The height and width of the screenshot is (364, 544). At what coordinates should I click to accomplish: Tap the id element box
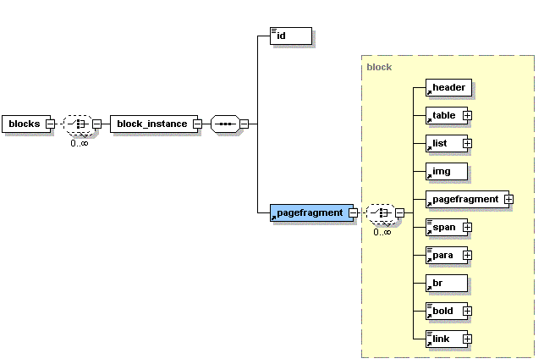(x=291, y=36)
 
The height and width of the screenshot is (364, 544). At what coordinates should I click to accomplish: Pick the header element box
(x=448, y=87)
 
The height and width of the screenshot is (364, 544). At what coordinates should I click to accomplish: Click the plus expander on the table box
(x=467, y=116)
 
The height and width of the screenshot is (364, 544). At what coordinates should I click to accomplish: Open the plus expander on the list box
(x=467, y=143)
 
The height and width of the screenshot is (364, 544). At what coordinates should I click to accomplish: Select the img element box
(x=447, y=171)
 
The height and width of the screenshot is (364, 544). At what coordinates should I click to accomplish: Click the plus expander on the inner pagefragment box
(x=509, y=199)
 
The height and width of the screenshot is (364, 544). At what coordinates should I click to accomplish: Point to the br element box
(x=447, y=283)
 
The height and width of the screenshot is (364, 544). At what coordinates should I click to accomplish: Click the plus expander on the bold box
(x=467, y=311)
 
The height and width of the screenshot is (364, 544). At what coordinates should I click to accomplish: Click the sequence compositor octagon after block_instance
(x=225, y=124)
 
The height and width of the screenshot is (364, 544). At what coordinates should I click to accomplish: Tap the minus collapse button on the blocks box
(x=50, y=124)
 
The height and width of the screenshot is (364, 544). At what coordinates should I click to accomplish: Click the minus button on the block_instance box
(x=197, y=124)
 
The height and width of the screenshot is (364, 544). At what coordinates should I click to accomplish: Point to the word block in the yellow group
(x=379, y=67)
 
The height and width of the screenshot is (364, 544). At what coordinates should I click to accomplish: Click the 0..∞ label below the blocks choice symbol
(x=80, y=143)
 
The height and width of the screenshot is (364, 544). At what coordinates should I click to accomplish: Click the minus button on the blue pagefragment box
(x=353, y=212)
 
